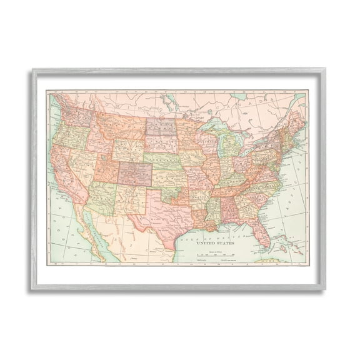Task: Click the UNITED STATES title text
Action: pyautogui.click(x=211, y=242)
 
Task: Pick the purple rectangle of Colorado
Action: pyautogui.click(x=134, y=174)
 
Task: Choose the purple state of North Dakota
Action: pyautogui.click(x=161, y=126)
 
